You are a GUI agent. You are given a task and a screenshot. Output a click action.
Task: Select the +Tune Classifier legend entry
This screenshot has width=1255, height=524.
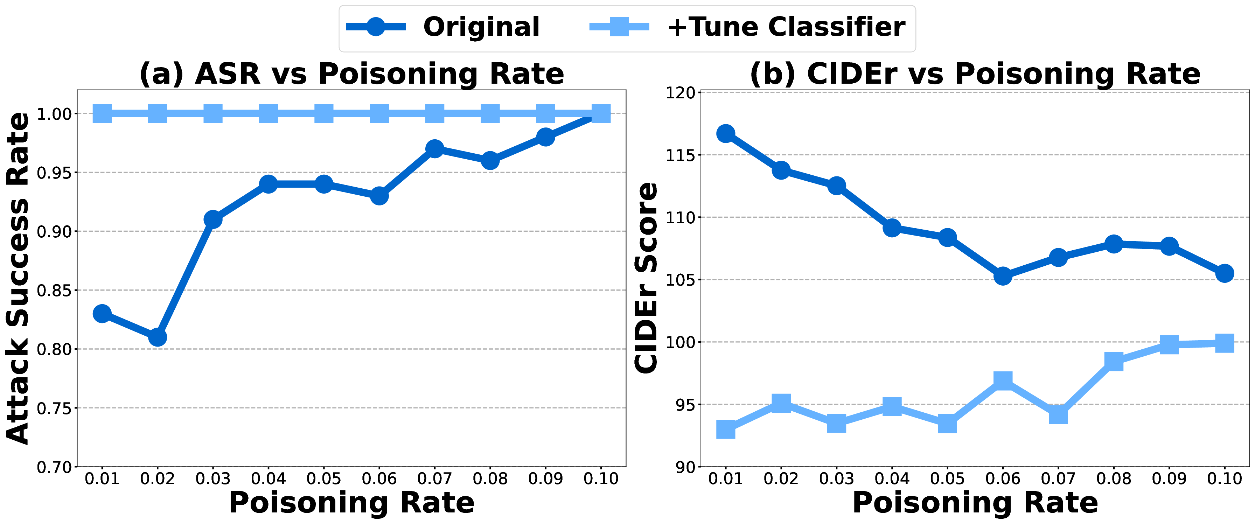click(x=785, y=27)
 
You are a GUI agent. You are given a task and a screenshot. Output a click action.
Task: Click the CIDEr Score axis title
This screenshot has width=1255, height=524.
click(x=646, y=279)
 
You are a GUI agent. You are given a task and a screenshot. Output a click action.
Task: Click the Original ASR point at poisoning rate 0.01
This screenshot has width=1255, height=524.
click(x=102, y=314)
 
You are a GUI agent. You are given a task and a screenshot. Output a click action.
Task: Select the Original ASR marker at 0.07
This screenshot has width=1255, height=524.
click(x=434, y=148)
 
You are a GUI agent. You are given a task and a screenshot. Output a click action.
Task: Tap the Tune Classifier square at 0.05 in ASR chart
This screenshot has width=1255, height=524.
click(x=324, y=113)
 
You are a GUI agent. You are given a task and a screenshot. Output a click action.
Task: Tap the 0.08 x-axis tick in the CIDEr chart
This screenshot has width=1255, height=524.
click(x=1114, y=479)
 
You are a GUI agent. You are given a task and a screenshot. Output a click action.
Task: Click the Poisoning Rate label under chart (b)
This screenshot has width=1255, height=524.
click(x=975, y=503)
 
